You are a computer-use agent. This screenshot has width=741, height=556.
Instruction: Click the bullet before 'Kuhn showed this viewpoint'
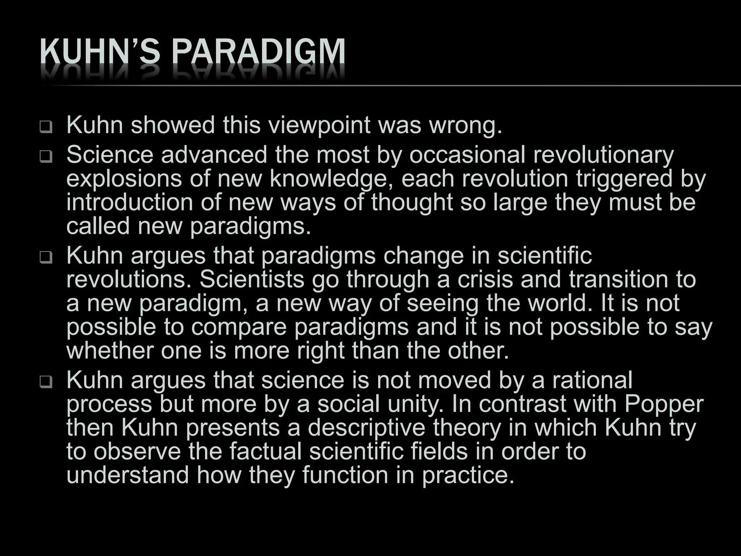(x=46, y=127)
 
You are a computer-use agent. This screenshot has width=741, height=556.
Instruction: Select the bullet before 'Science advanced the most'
(x=46, y=157)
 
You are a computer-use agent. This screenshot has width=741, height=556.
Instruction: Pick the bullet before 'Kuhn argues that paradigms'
(x=46, y=258)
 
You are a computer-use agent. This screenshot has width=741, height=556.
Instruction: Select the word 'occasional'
(x=467, y=155)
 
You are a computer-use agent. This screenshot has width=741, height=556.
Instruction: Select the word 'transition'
(x=619, y=279)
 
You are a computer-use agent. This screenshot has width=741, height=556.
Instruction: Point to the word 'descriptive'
(x=366, y=428)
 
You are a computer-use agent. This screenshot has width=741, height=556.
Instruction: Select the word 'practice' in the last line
(x=468, y=475)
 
